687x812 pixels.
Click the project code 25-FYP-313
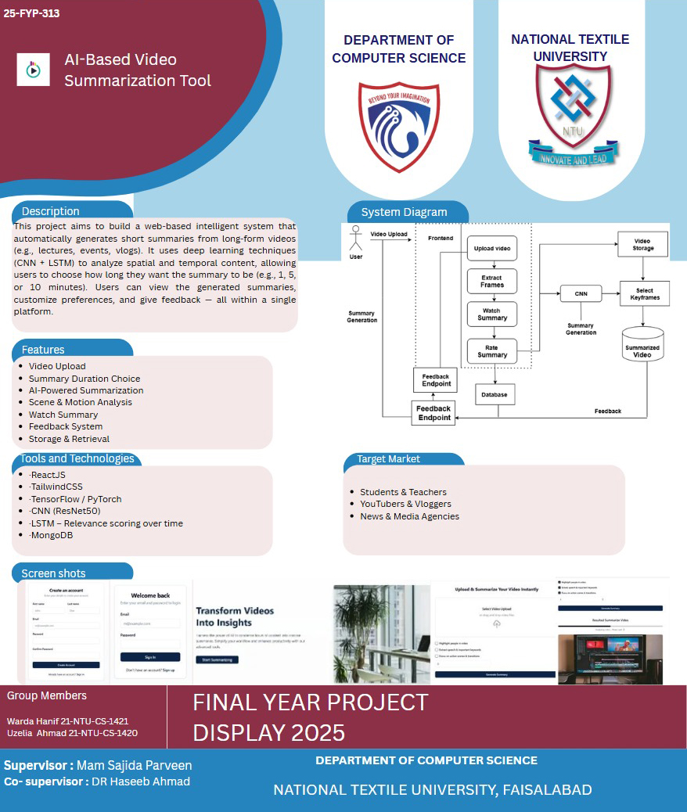point(31,13)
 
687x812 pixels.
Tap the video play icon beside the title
point(33,70)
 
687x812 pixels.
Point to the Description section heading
point(51,211)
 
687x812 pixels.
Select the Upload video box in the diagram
point(492,248)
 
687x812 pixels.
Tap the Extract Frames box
point(492,282)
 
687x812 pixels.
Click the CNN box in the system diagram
point(581,294)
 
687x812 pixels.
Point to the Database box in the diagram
point(495,395)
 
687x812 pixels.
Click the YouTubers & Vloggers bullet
point(405,504)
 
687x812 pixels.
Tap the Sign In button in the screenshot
point(150,657)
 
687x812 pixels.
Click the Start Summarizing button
point(217,660)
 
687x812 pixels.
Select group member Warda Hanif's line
point(67,720)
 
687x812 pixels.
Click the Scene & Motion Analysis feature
point(80,402)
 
